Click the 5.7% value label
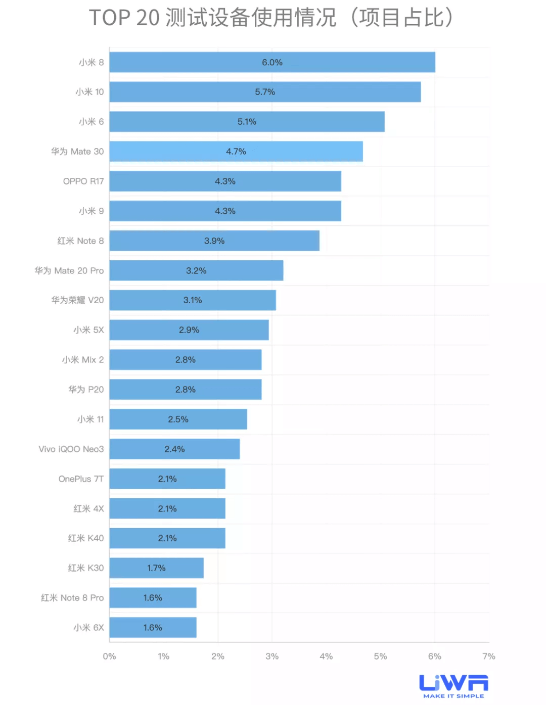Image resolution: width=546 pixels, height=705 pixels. [265, 92]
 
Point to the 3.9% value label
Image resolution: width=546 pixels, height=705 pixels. [214, 241]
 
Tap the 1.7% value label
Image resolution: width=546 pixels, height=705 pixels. [156, 568]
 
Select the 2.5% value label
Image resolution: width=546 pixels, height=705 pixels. [178, 419]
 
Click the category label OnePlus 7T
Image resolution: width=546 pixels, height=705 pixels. [81, 479]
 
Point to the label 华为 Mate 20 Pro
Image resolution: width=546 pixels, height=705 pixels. [69, 271]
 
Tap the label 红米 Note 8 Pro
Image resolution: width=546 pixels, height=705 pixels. [72, 598]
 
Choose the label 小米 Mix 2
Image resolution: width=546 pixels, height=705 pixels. [82, 360]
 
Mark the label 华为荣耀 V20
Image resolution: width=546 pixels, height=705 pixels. [77, 300]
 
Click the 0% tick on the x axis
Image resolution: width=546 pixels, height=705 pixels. [109, 656]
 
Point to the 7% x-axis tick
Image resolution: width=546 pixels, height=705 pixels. [488, 656]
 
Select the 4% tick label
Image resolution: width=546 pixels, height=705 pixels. [326, 656]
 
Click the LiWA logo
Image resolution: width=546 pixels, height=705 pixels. [453, 683]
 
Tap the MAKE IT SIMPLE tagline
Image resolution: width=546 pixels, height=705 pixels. [453, 696]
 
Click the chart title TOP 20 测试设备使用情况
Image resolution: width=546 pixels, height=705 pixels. [212, 18]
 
